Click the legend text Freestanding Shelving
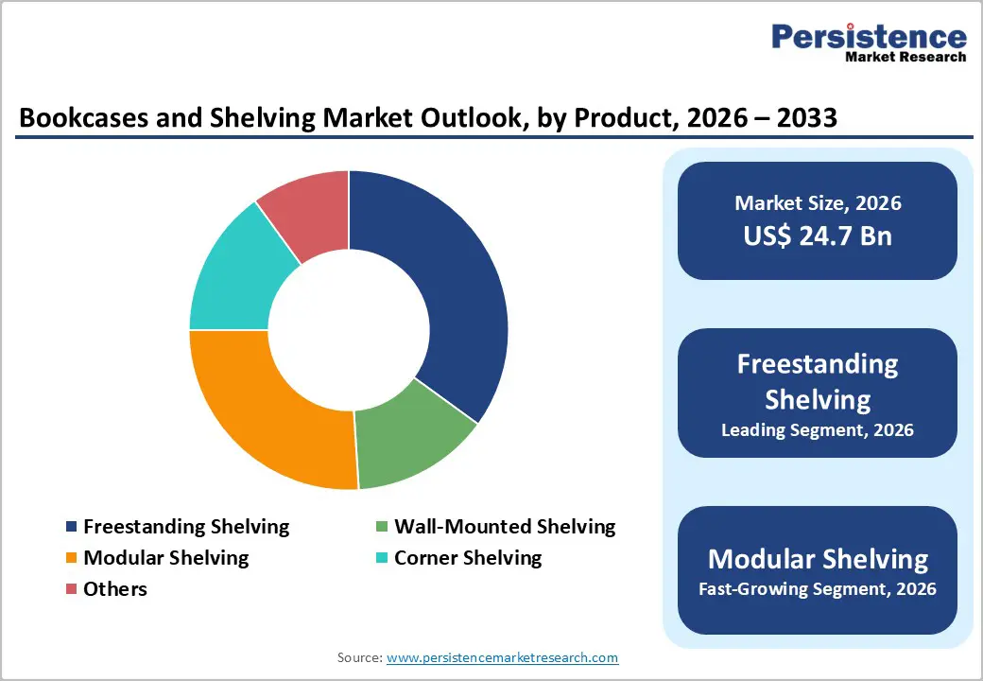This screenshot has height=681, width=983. tap(186, 527)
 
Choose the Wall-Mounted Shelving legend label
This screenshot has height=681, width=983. tap(505, 527)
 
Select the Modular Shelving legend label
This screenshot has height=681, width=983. tap(166, 558)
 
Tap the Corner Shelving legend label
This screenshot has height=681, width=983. tap(468, 558)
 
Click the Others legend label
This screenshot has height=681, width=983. tap(115, 589)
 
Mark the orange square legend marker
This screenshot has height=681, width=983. tap(71, 558)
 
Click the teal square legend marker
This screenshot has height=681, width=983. tap(381, 558)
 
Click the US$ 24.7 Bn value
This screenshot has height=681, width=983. tap(817, 236)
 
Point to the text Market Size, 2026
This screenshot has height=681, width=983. tap(817, 203)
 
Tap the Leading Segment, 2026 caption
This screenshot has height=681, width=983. tap(817, 430)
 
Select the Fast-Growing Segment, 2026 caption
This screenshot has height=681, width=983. tap(817, 589)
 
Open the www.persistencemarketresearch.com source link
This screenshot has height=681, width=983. tap(502, 657)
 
